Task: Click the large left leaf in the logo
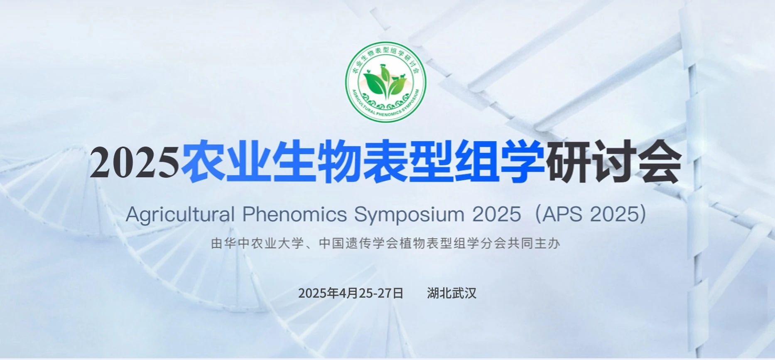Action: click(x=374, y=83)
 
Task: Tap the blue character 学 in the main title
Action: click(x=522, y=162)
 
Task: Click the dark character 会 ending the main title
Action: click(x=658, y=162)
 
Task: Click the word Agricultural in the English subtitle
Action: click(x=181, y=215)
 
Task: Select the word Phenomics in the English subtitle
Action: click(x=294, y=215)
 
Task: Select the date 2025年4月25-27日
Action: click(x=351, y=293)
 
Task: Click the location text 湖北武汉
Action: click(x=451, y=293)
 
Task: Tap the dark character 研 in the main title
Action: click(x=567, y=162)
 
